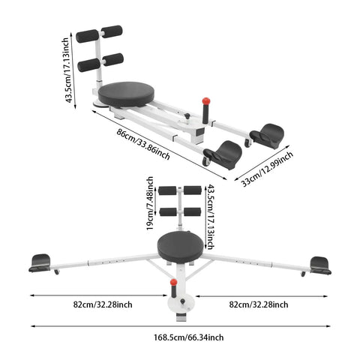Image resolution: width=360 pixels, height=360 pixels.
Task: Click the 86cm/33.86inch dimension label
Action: tap(143, 145)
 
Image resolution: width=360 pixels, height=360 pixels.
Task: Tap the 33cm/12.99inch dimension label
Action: tap(267, 169)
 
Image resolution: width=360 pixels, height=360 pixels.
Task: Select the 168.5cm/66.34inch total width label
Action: tap(189, 337)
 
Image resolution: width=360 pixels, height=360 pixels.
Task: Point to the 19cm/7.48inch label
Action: tap(149, 203)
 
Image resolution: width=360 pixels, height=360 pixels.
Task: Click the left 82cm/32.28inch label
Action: tap(103, 304)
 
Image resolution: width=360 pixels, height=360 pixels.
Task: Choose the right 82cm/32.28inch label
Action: tap(259, 304)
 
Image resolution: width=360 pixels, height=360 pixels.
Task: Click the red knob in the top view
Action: tap(206, 101)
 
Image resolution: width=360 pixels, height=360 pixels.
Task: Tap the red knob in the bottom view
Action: tap(173, 282)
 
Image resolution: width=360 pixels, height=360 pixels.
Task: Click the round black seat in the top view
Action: tap(126, 94)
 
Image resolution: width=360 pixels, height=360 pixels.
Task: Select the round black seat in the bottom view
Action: tap(181, 247)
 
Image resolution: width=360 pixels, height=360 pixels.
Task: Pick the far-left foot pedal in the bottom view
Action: tap(40, 262)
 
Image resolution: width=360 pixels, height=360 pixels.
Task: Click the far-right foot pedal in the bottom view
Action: tap(320, 265)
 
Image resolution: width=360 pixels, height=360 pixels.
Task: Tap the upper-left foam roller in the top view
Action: tap(87, 36)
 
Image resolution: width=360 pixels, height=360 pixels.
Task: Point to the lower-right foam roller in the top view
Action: tap(113, 59)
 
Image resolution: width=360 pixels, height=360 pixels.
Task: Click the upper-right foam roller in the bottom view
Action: tap(193, 190)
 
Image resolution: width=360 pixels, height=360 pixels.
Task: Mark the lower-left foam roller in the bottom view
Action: tap(168, 211)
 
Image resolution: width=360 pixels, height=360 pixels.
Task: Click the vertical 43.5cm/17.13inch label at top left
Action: tap(67, 70)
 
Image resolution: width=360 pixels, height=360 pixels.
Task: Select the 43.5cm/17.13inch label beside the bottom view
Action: tap(211, 217)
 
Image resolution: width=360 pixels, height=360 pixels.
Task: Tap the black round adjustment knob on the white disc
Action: tap(183, 301)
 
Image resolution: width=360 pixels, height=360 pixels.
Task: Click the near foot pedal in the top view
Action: tap(223, 155)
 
